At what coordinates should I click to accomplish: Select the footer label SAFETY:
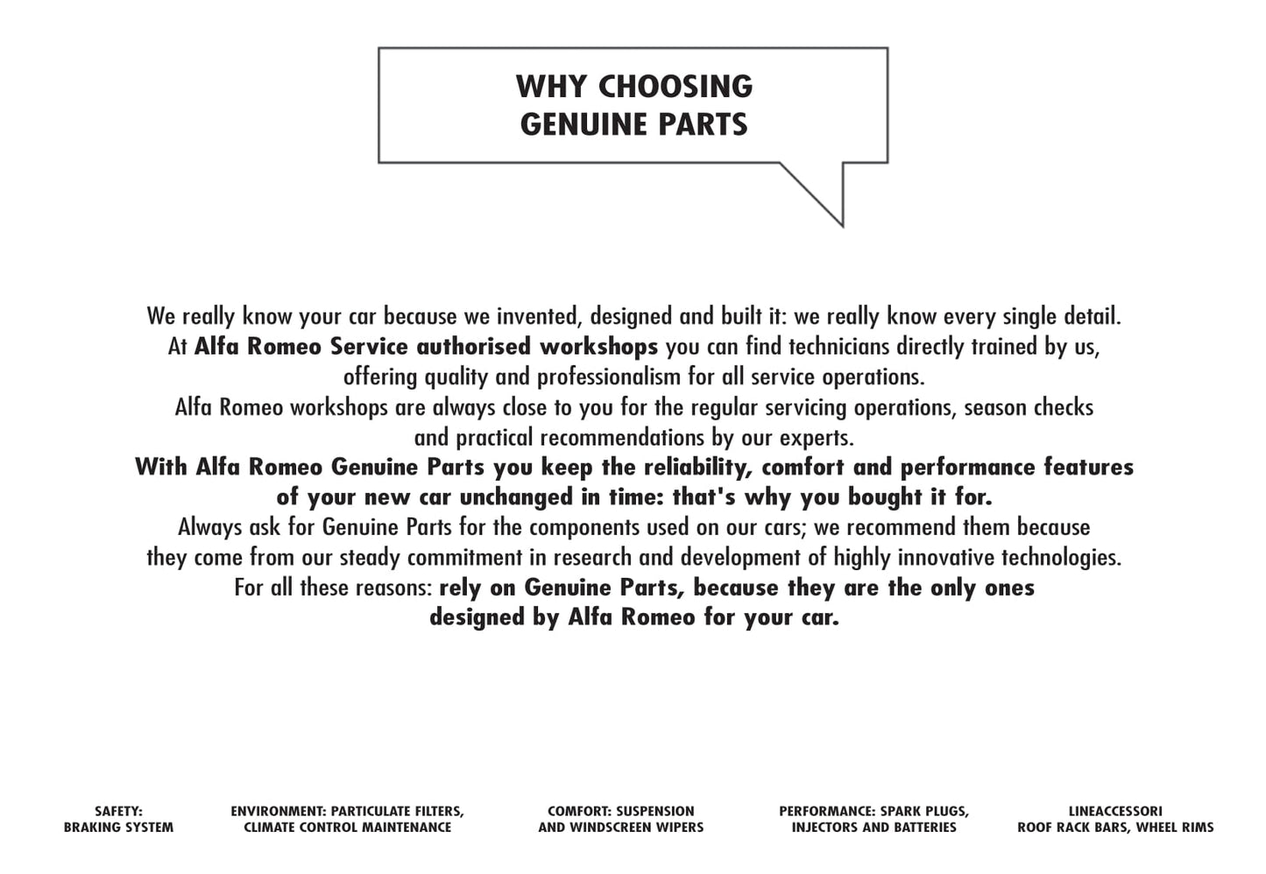[118, 812]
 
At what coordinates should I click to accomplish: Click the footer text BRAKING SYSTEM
[118, 828]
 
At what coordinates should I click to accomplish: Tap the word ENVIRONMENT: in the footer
[278, 812]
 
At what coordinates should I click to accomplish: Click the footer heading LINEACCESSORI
[1115, 812]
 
